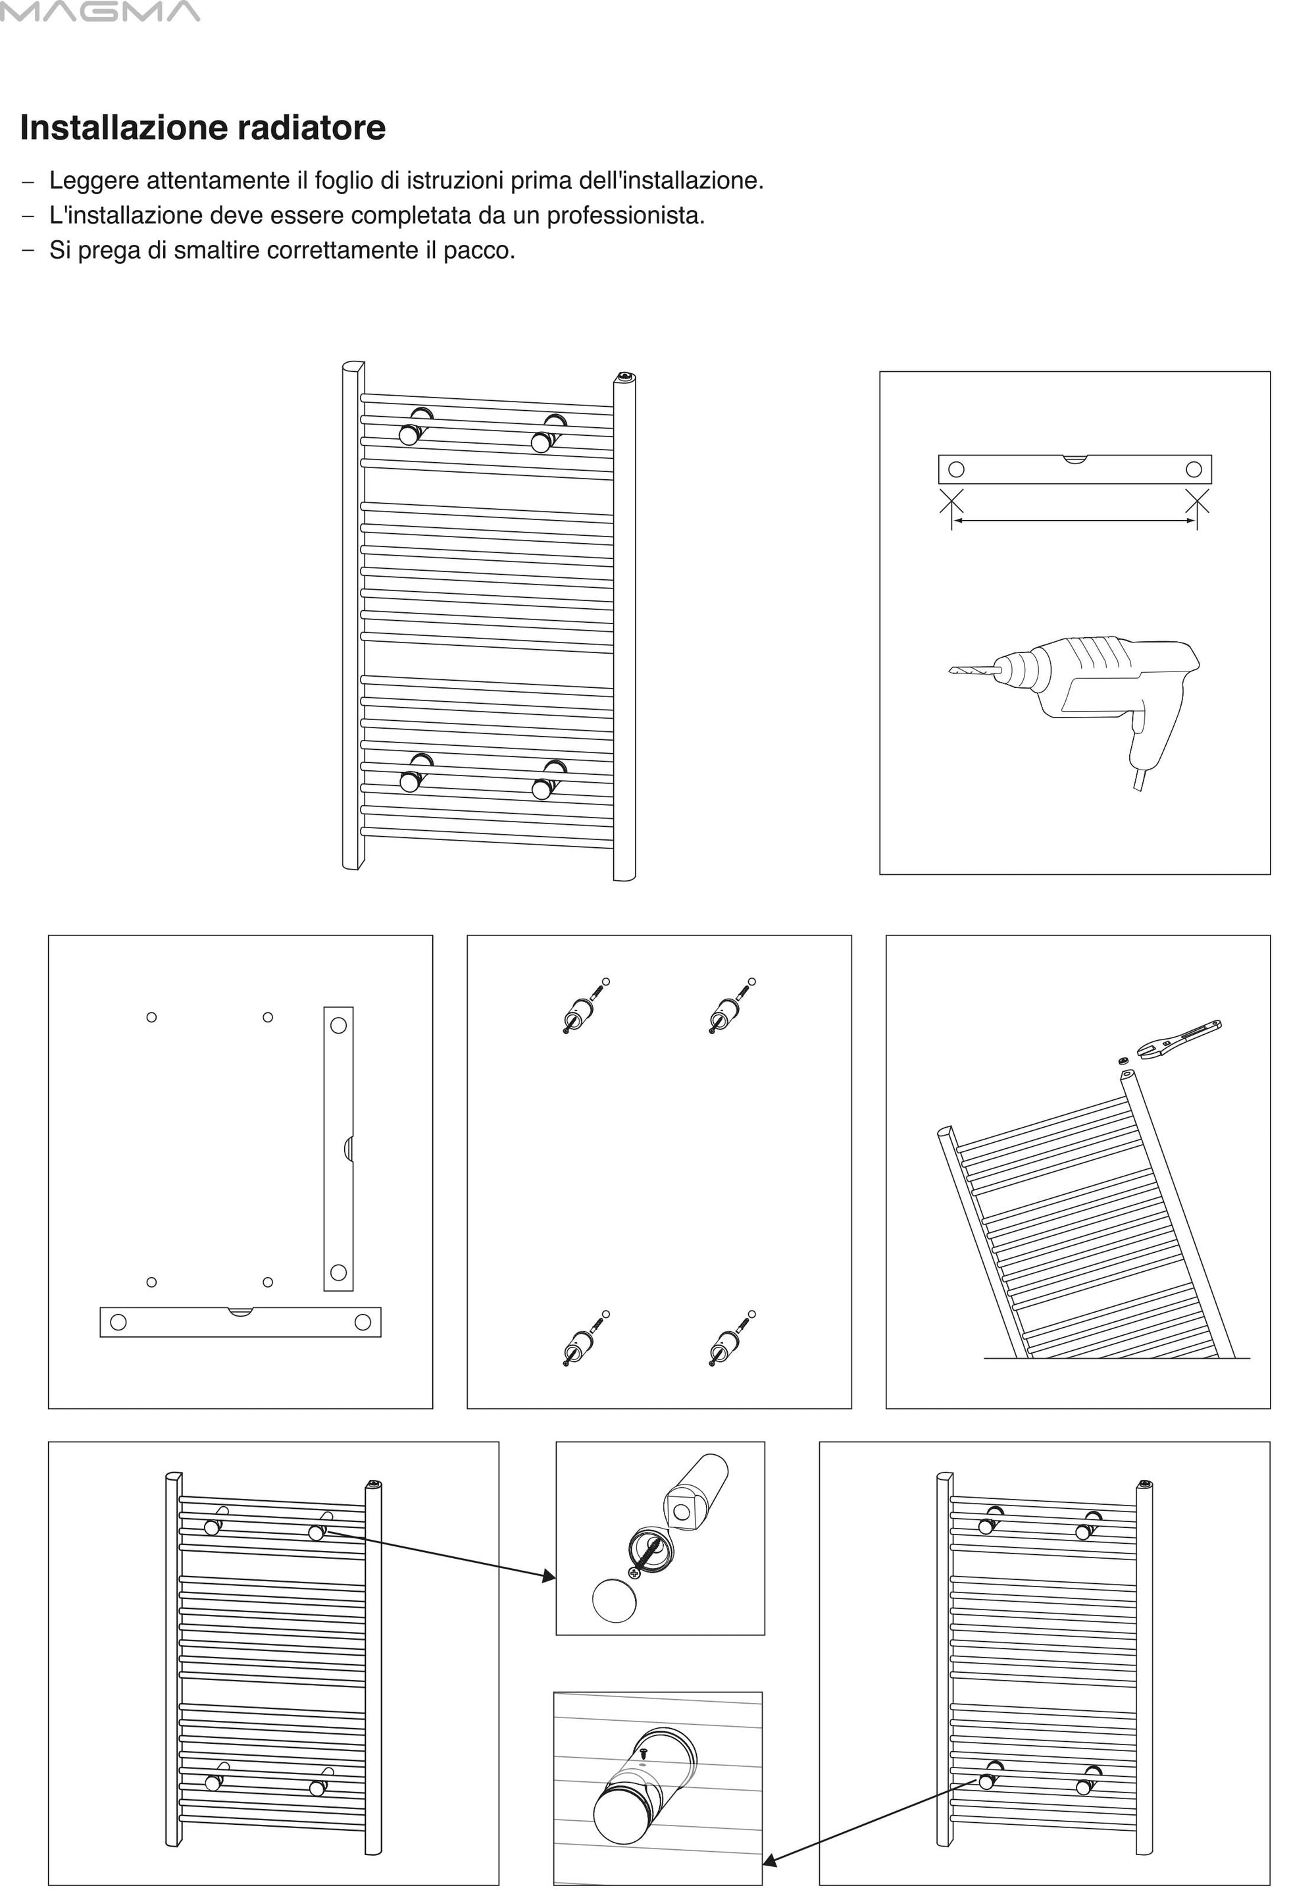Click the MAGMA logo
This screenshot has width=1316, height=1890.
[x=99, y=12]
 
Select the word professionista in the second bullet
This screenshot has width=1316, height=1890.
[x=626, y=216]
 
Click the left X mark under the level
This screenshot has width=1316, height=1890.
[x=951, y=500]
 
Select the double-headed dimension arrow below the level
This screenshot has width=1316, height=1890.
[x=1074, y=520]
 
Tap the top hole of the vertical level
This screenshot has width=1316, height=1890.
[x=338, y=1026]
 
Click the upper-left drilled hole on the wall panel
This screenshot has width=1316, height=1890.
[x=151, y=1018]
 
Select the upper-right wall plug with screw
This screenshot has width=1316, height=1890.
[x=729, y=1006]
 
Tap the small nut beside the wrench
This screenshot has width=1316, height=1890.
[x=1123, y=1061]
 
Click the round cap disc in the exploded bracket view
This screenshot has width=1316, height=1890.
[x=614, y=1600]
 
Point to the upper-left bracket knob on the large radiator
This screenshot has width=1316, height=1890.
[x=409, y=434]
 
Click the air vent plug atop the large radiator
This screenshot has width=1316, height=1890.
[x=626, y=377]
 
